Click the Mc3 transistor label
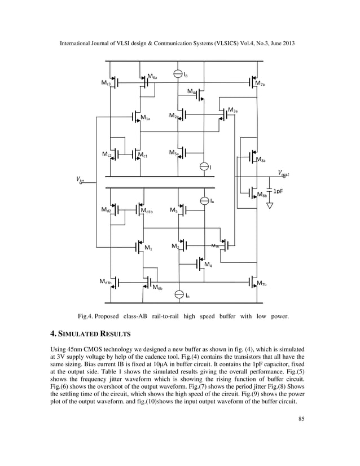pos(105,83)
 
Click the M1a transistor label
pos(146,118)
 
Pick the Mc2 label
pos(107,153)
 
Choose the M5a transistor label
pos(174,152)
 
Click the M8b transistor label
pos(262,195)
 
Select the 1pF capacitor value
pos(279,191)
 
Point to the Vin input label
pos(79,180)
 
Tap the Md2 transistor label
pos(106,210)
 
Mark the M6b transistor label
pos(157,287)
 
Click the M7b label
pos(261,283)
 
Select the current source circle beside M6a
pos(178,74)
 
